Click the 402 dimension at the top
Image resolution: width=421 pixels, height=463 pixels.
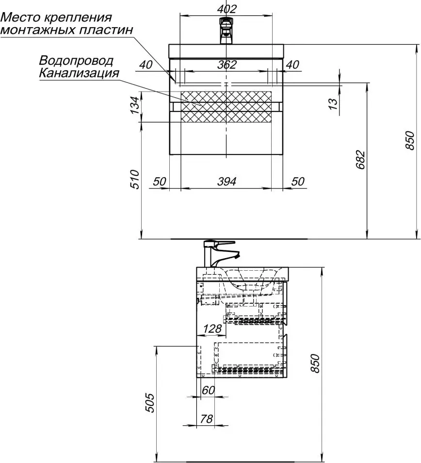[x=227, y=9]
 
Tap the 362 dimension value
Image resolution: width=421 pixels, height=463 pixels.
[x=227, y=65]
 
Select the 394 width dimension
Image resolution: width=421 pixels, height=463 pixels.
[x=227, y=181]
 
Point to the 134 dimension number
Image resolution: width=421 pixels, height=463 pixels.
[x=134, y=105]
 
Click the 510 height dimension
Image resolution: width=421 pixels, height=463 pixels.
[x=134, y=179]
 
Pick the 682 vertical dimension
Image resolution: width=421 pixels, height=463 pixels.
[x=360, y=160]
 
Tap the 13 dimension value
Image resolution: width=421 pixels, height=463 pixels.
[x=333, y=104]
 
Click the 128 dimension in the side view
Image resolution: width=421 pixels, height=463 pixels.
[x=212, y=328]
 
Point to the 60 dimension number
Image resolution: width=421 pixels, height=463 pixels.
[x=208, y=390]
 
